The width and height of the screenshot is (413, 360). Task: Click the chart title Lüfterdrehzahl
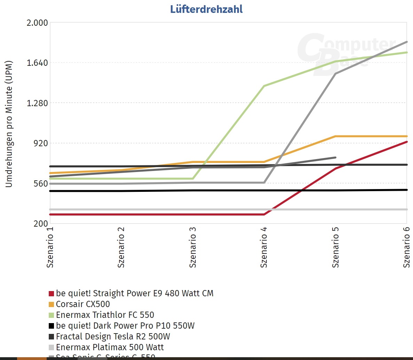pos(206,9)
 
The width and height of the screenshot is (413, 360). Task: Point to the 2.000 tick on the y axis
pos(37,23)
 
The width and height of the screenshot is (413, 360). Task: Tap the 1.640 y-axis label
pos(37,63)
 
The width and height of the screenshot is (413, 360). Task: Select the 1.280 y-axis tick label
pos(37,103)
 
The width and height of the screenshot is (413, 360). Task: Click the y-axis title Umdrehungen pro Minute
pos(9,124)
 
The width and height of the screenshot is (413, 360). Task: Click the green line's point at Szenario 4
pos(264,86)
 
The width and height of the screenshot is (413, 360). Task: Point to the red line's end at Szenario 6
pos(406,142)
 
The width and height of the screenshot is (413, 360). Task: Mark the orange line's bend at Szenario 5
pos(335,136)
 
